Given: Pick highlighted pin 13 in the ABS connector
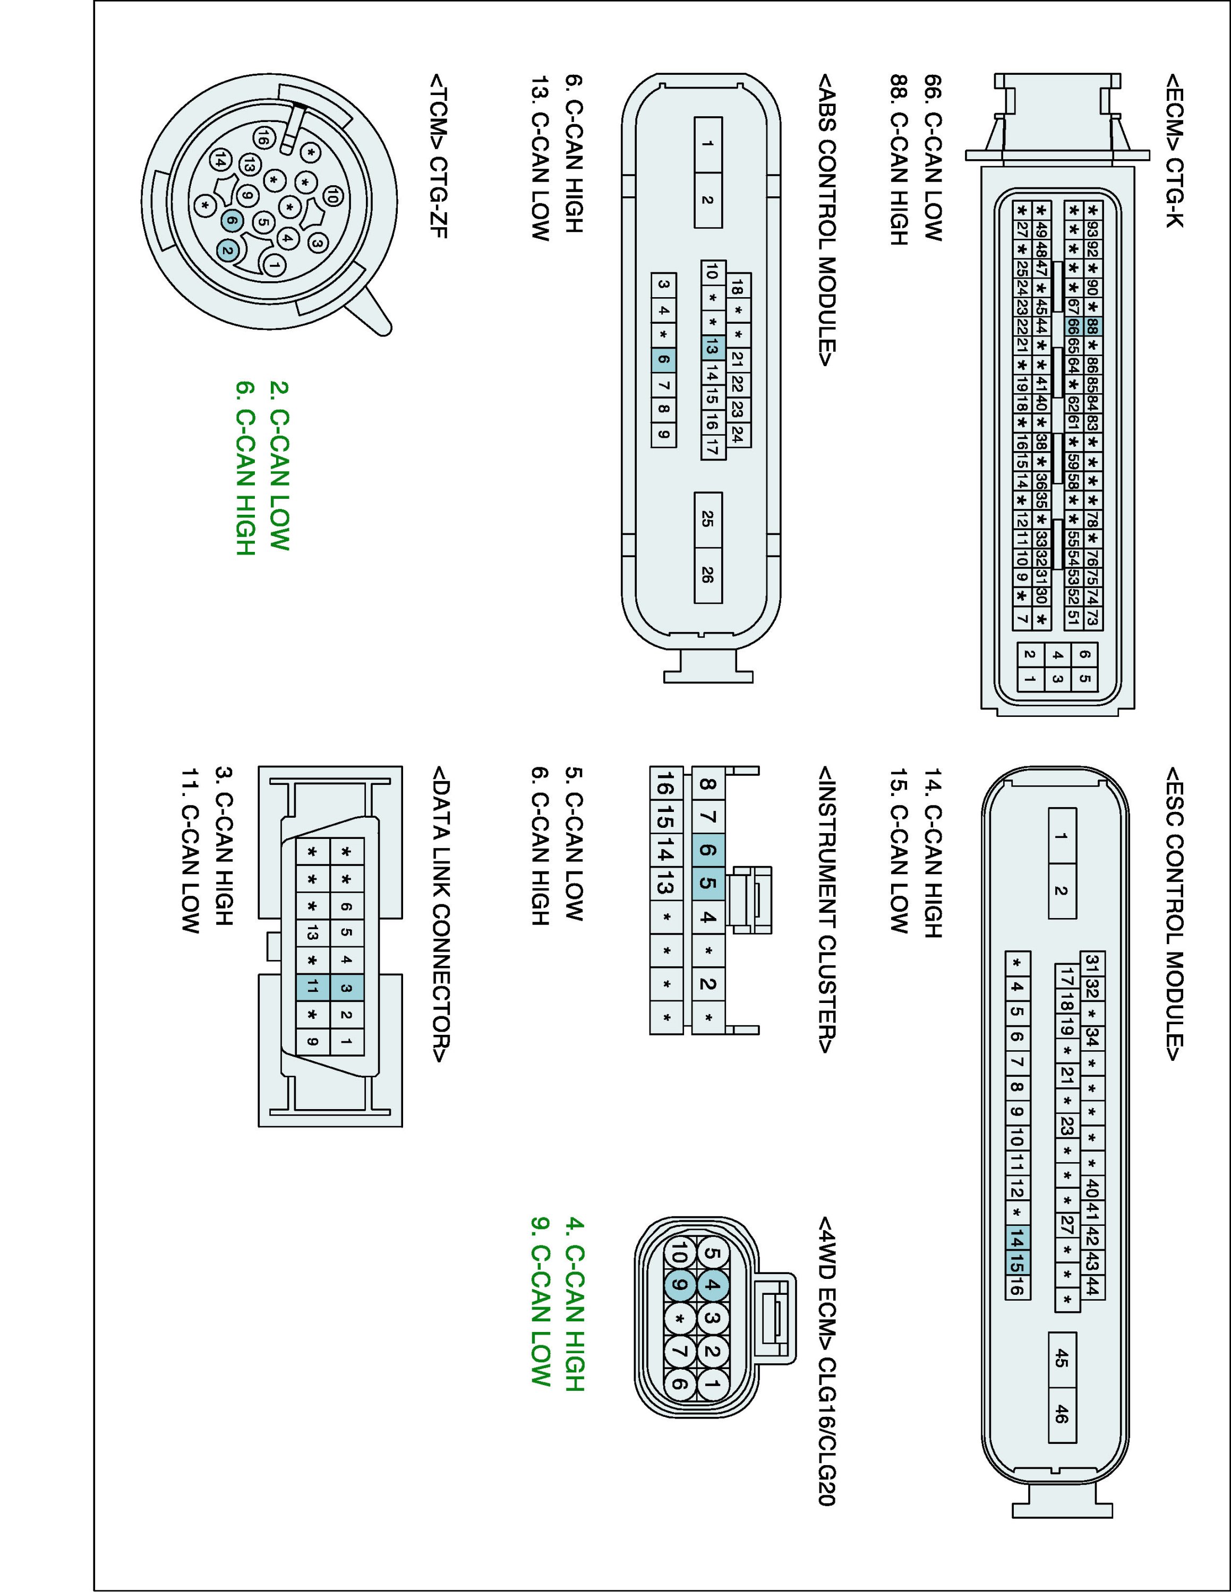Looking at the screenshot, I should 712,348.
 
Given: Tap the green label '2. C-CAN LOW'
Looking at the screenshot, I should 280,466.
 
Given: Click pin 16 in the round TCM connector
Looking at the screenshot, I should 264,136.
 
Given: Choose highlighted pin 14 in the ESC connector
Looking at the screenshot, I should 1016,1238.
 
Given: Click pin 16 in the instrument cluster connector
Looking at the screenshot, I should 665,785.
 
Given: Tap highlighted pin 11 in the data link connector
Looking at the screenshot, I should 312,988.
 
